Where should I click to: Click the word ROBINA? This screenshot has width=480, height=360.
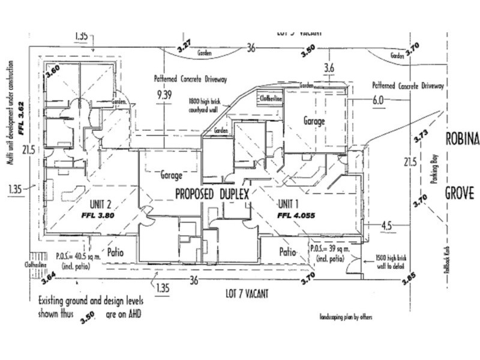point(462,139)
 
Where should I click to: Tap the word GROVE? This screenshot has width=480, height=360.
point(460,193)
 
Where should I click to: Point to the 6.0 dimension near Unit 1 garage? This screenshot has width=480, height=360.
point(377,101)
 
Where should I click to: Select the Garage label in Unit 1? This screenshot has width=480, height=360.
point(313,121)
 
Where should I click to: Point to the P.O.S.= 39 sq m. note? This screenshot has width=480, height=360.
point(326,250)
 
